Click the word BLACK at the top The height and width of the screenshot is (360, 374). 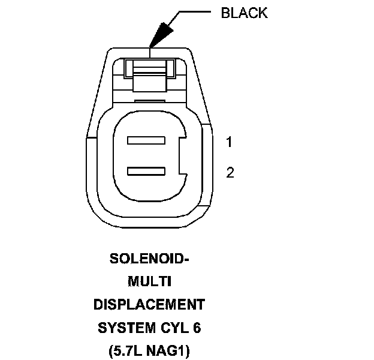tap(245, 13)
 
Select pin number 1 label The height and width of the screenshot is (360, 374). tap(230, 142)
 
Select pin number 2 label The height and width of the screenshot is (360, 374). tap(230, 173)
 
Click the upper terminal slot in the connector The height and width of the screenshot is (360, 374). tap(146, 142)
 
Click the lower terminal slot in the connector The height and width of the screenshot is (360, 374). tap(146, 172)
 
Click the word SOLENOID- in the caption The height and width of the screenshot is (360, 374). tap(149, 259)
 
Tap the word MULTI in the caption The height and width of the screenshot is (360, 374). tap(149, 282)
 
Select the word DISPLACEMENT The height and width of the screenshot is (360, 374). tap(149, 305)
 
